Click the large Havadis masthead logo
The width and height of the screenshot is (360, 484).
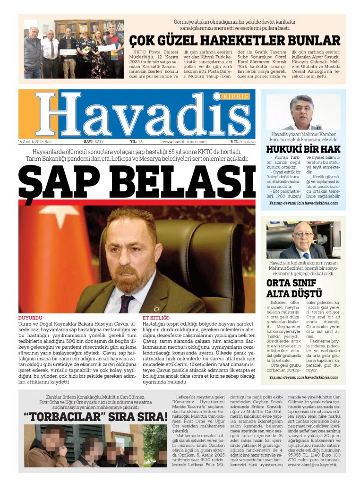click(x=137, y=114)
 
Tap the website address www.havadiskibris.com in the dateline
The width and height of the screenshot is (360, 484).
click(x=185, y=141)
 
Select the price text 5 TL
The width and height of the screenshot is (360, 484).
click(x=234, y=141)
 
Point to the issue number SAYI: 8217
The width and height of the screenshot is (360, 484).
click(x=94, y=141)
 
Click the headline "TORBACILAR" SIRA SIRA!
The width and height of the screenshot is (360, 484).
click(x=96, y=417)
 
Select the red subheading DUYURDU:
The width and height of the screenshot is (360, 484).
click(x=31, y=318)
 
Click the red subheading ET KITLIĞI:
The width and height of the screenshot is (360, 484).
click(x=155, y=318)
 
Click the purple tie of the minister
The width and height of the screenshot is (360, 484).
click(x=126, y=304)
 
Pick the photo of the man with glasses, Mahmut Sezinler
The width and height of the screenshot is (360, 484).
click(x=302, y=240)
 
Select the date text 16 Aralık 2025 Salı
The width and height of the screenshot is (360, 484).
click(x=35, y=141)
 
